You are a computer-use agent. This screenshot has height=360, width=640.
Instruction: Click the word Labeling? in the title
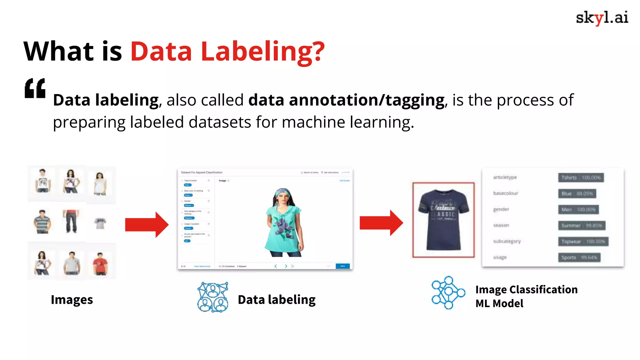point(262,52)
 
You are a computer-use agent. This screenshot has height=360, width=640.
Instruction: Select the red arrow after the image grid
point(147,225)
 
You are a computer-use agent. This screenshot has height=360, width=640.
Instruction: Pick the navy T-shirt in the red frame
point(443,219)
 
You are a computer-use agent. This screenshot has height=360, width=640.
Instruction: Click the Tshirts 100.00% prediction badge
point(581,177)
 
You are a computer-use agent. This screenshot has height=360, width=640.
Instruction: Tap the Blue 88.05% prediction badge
point(577,193)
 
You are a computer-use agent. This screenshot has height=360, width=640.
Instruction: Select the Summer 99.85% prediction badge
point(582,225)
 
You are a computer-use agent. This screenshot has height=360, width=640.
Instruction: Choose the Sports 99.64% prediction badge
point(579,257)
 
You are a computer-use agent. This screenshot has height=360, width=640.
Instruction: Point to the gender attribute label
point(501,209)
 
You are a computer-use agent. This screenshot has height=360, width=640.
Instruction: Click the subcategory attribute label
point(507,241)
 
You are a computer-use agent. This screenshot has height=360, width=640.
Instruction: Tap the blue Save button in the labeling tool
point(342,266)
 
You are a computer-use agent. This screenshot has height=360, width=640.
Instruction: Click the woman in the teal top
point(283,222)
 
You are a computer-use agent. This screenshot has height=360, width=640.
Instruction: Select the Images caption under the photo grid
point(72,300)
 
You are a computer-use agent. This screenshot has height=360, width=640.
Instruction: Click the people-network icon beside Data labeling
point(212,297)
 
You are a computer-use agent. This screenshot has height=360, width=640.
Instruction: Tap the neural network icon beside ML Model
point(448,293)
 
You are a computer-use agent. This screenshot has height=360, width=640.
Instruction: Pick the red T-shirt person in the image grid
point(100,263)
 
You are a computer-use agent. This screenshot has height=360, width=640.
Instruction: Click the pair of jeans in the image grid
point(71,221)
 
